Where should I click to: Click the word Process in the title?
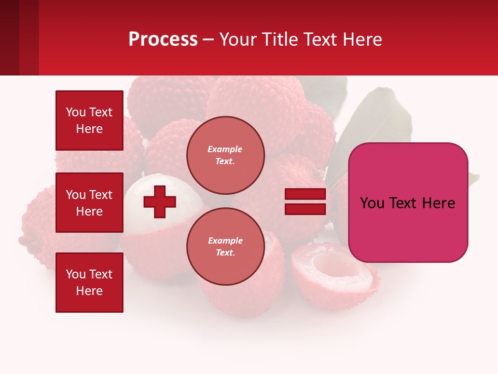pos(163,39)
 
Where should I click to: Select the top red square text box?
pos(89,121)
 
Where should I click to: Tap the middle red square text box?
pos(89,203)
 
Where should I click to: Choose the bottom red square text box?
pos(89,283)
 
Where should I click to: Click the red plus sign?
pos(160,202)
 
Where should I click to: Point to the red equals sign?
pos(305,202)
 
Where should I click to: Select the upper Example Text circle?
pos(226,155)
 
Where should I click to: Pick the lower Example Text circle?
pos(226,246)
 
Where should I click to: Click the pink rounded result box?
pos(408,203)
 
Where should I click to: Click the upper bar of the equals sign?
pos(305,194)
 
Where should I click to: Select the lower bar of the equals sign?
pos(305,209)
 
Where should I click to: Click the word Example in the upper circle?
pos(225,149)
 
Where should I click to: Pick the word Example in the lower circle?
pos(225,241)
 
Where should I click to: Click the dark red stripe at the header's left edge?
pos(10,37)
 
